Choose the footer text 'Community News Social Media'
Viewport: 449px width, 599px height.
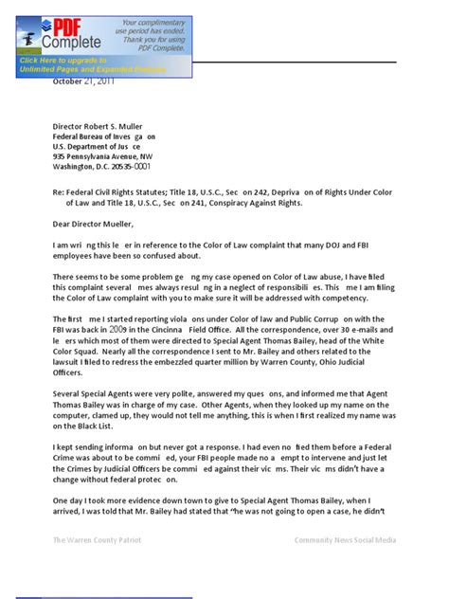pos(345,540)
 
